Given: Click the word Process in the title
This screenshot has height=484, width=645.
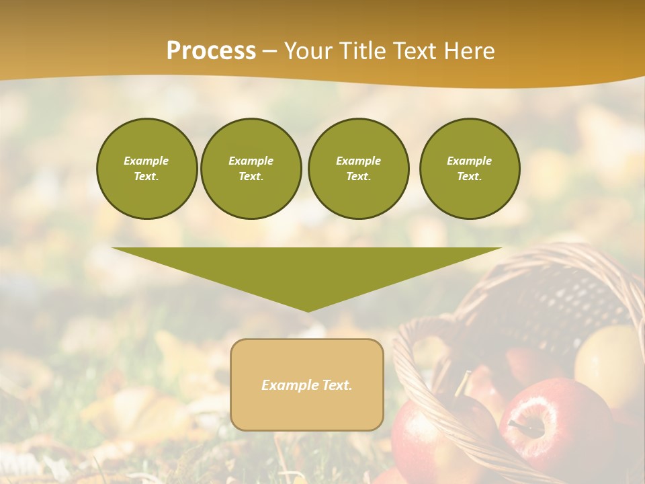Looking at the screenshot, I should click(211, 51).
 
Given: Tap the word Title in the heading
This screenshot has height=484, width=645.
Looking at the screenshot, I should click(363, 51).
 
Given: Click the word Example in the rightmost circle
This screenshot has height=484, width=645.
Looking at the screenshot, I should click(469, 161).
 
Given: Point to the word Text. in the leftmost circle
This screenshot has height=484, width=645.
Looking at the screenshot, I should click(146, 177).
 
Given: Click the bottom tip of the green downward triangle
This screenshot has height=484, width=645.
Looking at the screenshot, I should click(308, 310).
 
